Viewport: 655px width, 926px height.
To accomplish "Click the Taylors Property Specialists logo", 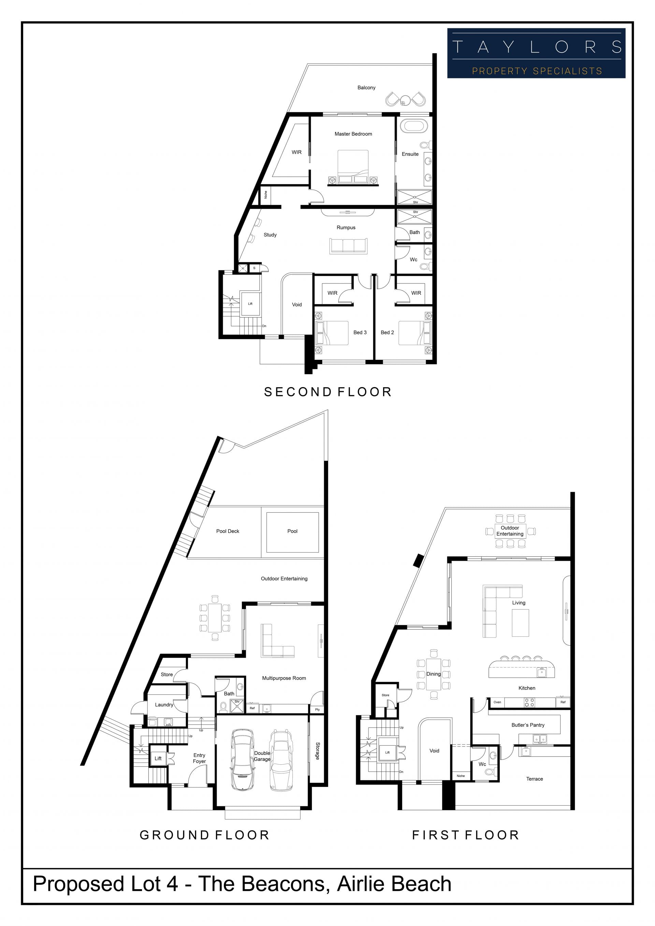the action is click(x=536, y=53).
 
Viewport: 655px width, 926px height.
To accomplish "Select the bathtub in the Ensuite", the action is click(x=414, y=126).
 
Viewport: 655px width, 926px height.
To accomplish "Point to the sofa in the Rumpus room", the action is click(x=348, y=246).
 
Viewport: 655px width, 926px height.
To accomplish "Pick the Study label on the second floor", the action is click(x=270, y=235).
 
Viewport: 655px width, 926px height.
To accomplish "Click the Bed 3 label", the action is click(x=360, y=332).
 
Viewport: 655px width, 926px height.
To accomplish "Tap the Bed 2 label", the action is click(x=387, y=332).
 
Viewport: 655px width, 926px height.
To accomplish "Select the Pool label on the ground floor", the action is click(x=292, y=531).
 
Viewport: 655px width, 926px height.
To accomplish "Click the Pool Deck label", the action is click(x=228, y=531).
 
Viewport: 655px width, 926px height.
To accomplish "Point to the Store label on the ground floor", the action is click(x=166, y=674).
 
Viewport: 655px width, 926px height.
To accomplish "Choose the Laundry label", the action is click(x=164, y=705).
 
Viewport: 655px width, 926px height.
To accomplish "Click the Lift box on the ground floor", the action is click(x=158, y=758).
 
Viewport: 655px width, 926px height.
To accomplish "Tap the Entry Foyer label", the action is click(x=199, y=758).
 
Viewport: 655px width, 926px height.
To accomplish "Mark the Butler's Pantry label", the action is click(x=528, y=725).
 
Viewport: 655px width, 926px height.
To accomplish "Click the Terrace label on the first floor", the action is click(x=535, y=779).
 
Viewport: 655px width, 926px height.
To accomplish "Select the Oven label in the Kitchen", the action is click(x=497, y=702).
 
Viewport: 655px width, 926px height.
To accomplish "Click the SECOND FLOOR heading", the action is click(x=328, y=392).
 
